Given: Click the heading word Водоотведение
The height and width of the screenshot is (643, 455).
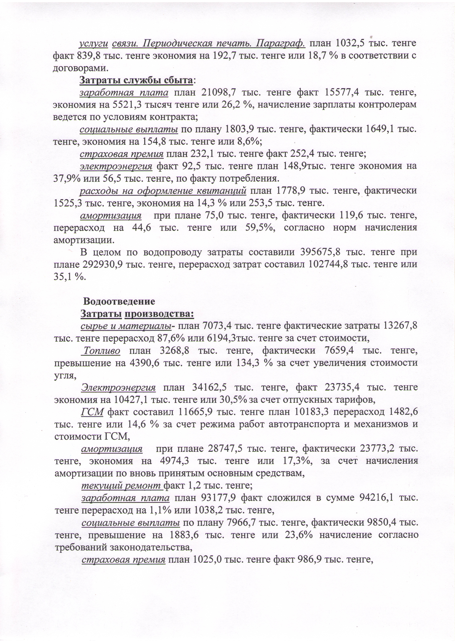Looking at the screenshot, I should point(119,301).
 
